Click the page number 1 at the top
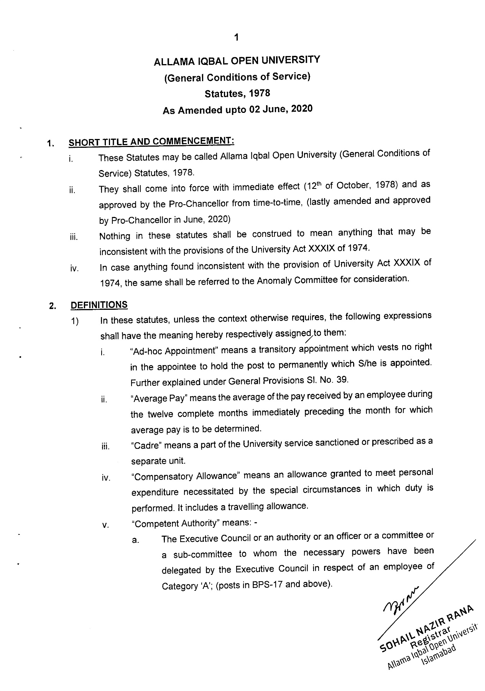pyautogui.click(x=237, y=37)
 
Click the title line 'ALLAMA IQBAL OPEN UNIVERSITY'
pyautogui.click(x=237, y=61)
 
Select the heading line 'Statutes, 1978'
pyautogui.click(x=237, y=93)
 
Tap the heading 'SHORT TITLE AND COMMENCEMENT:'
pyautogui.click(x=151, y=142)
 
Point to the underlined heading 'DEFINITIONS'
pyautogui.click(x=99, y=305)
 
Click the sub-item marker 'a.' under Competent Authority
pyautogui.click(x=135, y=540)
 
